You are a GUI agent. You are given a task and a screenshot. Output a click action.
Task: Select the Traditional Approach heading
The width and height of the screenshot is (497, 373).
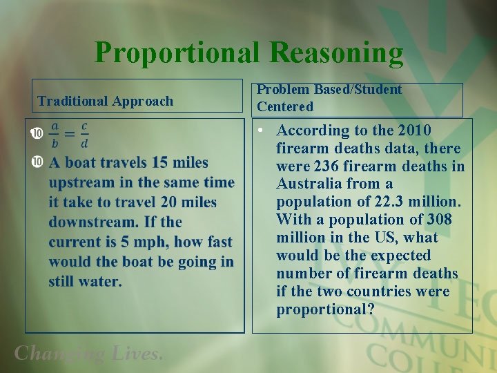tap(105, 101)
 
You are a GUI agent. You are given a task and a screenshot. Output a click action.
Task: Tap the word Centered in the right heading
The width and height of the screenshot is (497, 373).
tap(285, 106)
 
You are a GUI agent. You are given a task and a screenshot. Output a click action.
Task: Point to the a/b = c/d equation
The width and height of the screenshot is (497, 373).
tap(69, 135)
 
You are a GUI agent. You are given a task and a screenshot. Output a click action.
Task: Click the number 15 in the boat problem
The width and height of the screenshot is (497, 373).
tap(160, 162)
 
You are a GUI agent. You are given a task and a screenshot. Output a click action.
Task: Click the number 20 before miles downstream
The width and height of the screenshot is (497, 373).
tap(168, 202)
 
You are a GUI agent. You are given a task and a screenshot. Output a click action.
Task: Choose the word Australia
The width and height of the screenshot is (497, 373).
tap(307, 184)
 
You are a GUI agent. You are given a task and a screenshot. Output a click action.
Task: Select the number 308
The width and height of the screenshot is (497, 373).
tap(438, 220)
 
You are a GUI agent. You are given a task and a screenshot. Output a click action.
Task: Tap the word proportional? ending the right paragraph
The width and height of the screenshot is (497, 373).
tap(322, 309)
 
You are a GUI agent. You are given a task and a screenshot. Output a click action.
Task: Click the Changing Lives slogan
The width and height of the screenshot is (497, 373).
tap(89, 354)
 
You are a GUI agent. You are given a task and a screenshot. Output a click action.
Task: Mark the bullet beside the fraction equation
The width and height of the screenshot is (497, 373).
tap(37, 132)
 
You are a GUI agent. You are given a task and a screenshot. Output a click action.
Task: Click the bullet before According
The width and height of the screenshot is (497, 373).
tap(264, 130)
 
